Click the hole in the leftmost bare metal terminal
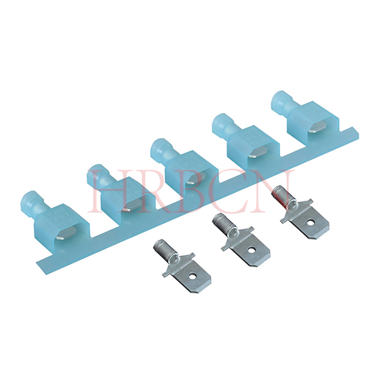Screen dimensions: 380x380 193,276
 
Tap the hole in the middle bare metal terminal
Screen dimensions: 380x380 252,249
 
